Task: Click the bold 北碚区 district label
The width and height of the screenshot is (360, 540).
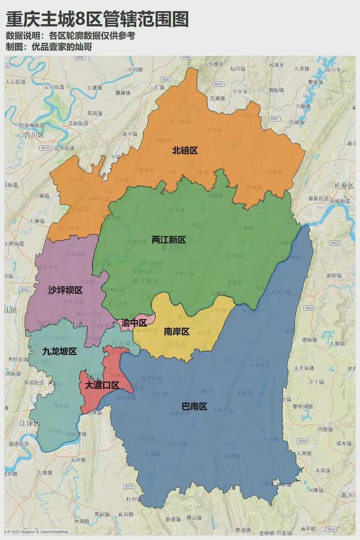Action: (x=184, y=151)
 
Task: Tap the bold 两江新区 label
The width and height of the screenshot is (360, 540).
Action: (x=169, y=240)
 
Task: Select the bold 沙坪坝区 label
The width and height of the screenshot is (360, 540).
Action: (x=65, y=290)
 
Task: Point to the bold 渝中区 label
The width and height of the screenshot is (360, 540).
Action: (x=134, y=323)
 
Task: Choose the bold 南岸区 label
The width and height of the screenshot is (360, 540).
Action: (x=176, y=332)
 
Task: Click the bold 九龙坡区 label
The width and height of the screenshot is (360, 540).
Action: (x=59, y=351)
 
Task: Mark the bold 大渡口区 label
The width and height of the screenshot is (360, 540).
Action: (x=101, y=385)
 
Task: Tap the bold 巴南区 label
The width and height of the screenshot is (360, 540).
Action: (x=194, y=406)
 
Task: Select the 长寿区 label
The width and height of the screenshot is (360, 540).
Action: (x=344, y=186)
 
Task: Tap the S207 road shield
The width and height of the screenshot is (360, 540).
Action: (x=80, y=57)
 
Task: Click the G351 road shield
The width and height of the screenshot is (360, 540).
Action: (x=274, y=118)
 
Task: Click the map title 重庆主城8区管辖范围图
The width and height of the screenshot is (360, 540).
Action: (x=97, y=20)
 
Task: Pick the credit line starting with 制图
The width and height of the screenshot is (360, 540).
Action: (x=49, y=47)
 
